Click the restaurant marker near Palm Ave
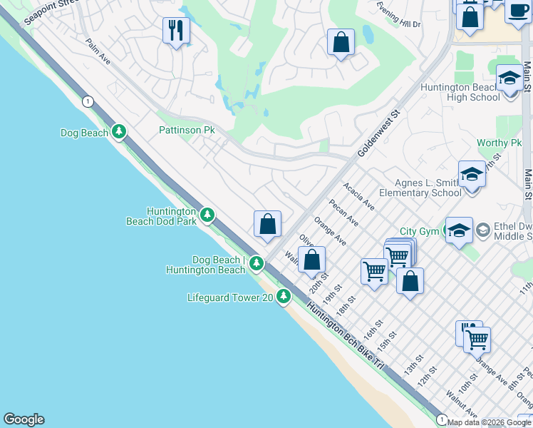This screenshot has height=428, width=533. point(176,31)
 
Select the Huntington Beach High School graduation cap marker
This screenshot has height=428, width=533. point(509,78)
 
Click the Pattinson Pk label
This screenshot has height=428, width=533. point(186,131)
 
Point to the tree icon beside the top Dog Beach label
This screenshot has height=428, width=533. point(119,132)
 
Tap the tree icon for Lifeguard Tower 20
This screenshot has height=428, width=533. point(284,295)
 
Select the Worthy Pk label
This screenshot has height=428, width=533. point(499,143)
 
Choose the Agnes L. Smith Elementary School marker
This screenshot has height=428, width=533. point(472,174)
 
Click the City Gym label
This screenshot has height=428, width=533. point(419,231)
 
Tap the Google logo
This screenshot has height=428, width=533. point(24,419)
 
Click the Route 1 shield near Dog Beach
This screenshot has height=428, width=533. point(87,101)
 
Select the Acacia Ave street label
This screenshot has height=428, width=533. point(358,196)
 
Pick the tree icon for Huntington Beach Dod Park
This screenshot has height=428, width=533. point(207,214)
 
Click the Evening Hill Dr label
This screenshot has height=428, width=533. point(399,21)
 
